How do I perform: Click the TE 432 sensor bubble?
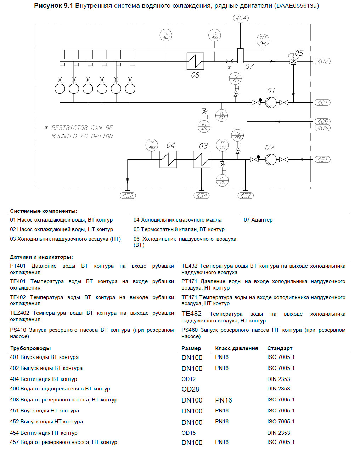215,35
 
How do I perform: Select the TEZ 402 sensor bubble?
263,40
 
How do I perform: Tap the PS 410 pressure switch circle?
235,79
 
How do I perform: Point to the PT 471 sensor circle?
222,181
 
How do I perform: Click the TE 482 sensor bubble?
152,145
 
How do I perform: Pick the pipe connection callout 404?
241,18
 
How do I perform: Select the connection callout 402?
322,61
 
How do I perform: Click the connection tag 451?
322,160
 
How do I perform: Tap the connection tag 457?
246,195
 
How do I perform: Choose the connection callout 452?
128,195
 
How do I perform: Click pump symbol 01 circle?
271,103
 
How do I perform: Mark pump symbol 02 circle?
271,159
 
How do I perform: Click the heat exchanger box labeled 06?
195,61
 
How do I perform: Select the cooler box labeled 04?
168,159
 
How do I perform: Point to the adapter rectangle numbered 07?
240,56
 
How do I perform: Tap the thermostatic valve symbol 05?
293,61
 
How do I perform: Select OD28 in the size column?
190,389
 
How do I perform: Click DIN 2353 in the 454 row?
279,433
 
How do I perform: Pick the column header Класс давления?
236,348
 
